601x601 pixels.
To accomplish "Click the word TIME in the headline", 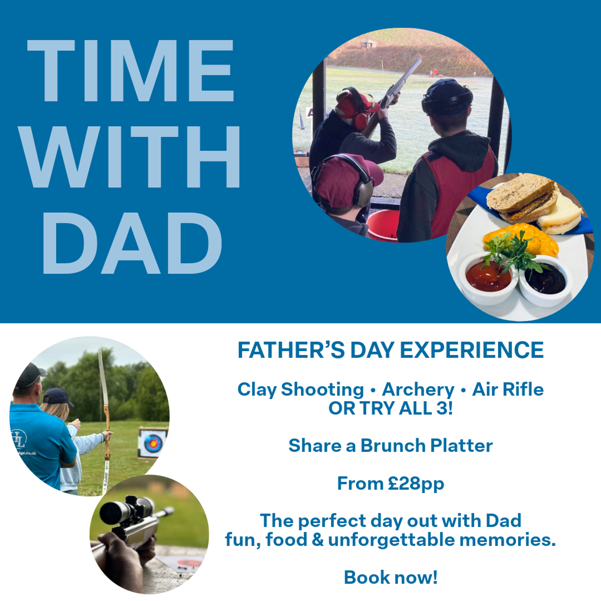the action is point(131,70).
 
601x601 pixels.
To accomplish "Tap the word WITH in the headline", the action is point(130,157).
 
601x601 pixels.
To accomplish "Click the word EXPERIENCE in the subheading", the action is point(471,350).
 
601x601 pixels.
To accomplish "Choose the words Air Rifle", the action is point(508,389).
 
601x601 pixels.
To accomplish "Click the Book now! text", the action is point(391,577).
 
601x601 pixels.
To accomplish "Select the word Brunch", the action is point(393,445).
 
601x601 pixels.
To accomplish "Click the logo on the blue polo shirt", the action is point(19,439).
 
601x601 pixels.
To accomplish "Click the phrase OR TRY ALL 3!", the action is point(391,408).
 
